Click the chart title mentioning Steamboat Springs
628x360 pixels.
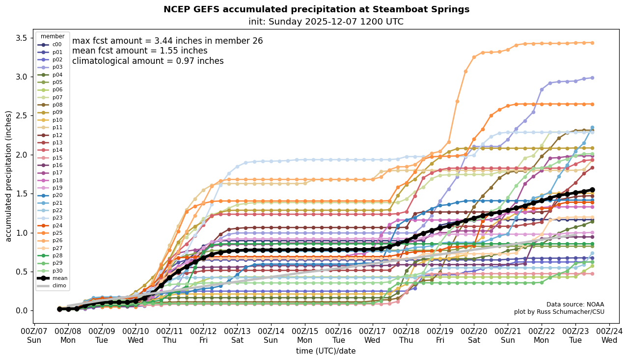pyautogui.click(x=316, y=9)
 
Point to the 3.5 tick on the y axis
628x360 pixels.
pyautogui.click(x=22, y=38)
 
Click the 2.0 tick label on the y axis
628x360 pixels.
pyautogui.click(x=22, y=155)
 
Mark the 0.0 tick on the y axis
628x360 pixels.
pyautogui.click(x=22, y=311)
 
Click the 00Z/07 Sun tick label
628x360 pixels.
pyautogui.click(x=34, y=335)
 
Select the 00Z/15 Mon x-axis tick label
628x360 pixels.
pyautogui.click(x=305, y=335)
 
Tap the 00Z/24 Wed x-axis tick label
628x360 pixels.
pyautogui.click(x=610, y=335)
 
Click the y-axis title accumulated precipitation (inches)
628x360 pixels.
pyautogui.click(x=8, y=176)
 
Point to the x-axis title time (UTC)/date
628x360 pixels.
pyautogui.click(x=326, y=351)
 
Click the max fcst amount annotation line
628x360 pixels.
pyautogui.click(x=167, y=41)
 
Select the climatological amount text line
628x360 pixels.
pyautogui.click(x=148, y=61)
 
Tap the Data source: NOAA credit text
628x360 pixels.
pyautogui.click(x=575, y=305)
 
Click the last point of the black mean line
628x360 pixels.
pyautogui.click(x=592, y=190)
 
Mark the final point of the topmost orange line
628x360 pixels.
pyautogui.click(x=592, y=43)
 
